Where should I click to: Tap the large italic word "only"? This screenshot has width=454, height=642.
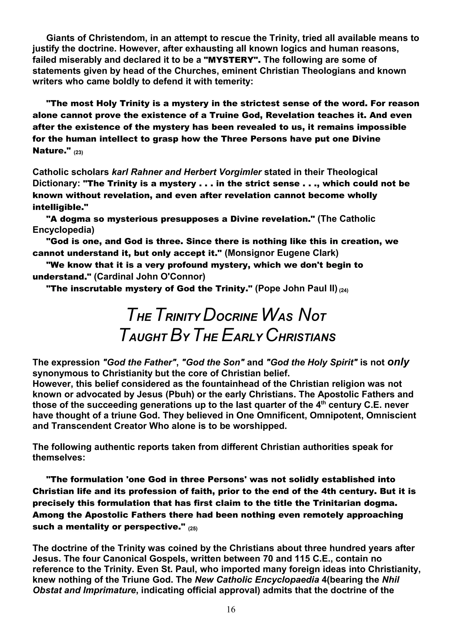point(398,362)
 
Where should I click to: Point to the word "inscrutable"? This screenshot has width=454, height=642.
point(95,289)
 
